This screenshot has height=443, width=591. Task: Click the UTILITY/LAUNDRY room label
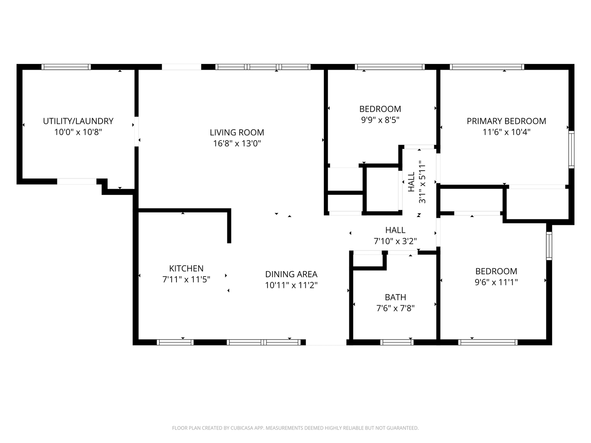pyautogui.click(x=78, y=121)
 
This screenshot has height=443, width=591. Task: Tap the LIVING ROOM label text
pyautogui.click(x=237, y=132)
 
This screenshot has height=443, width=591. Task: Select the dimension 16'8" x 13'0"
pyautogui.click(x=237, y=144)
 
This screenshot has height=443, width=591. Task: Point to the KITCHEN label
pyautogui.click(x=186, y=268)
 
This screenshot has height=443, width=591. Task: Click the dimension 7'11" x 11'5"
pyautogui.click(x=186, y=279)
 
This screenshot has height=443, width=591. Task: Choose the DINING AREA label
pyautogui.click(x=291, y=274)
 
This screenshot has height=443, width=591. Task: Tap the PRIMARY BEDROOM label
pyautogui.click(x=506, y=121)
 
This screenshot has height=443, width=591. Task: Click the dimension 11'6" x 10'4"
pyautogui.click(x=506, y=132)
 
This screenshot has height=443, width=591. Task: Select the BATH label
pyautogui.click(x=395, y=297)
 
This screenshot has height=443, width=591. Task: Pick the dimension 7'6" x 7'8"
pyautogui.click(x=395, y=308)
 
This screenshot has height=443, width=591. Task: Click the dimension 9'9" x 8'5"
pyautogui.click(x=380, y=120)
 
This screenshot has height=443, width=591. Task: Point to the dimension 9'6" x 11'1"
pyautogui.click(x=496, y=282)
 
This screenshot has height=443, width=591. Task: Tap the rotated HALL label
pyautogui.click(x=411, y=182)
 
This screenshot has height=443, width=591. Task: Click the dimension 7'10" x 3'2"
pyautogui.click(x=395, y=241)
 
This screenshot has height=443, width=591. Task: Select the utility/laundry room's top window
pyautogui.click(x=66, y=67)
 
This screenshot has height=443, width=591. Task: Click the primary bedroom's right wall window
pyautogui.click(x=571, y=150)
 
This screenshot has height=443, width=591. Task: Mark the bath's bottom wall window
pyautogui.click(x=397, y=342)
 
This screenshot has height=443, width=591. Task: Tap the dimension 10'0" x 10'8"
pyautogui.click(x=78, y=132)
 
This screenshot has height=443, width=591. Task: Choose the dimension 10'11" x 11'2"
pyautogui.click(x=291, y=285)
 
